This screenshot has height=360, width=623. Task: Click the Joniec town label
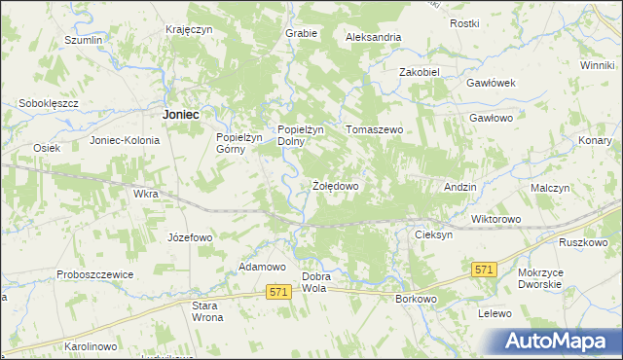click(181, 114)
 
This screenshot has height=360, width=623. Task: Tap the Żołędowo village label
click(336, 185)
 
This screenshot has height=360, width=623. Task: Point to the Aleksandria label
click(374, 37)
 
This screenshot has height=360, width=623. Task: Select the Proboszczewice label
click(94, 275)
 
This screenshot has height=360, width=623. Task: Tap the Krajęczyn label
click(189, 29)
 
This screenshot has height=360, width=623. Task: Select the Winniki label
click(597, 65)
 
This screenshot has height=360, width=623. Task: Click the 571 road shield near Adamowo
click(279, 292)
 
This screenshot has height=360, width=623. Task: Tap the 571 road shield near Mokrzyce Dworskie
click(484, 269)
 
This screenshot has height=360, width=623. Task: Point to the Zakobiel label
click(421, 72)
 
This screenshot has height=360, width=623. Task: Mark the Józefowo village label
click(190, 237)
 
